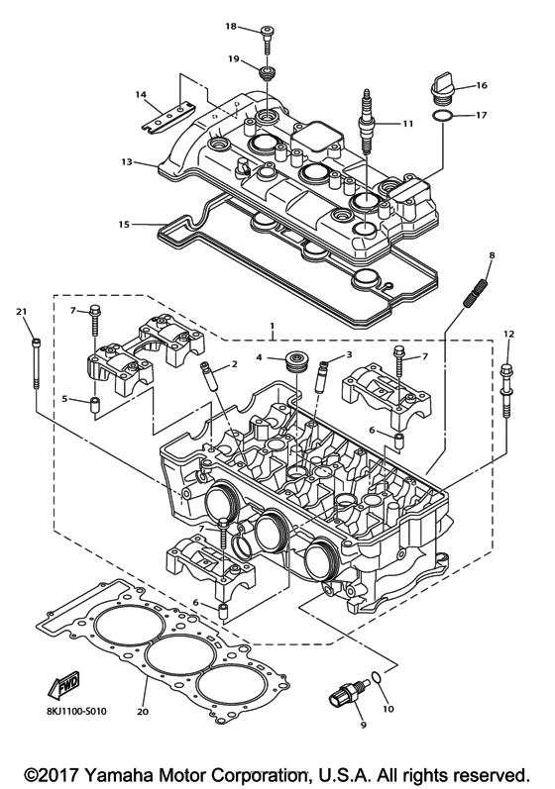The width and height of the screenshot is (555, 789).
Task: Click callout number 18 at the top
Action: [x=231, y=26]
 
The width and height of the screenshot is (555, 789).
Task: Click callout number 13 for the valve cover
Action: [x=127, y=161]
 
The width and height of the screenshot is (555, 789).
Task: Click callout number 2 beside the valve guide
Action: [x=234, y=365]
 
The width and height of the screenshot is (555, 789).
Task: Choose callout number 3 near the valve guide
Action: [x=349, y=355]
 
